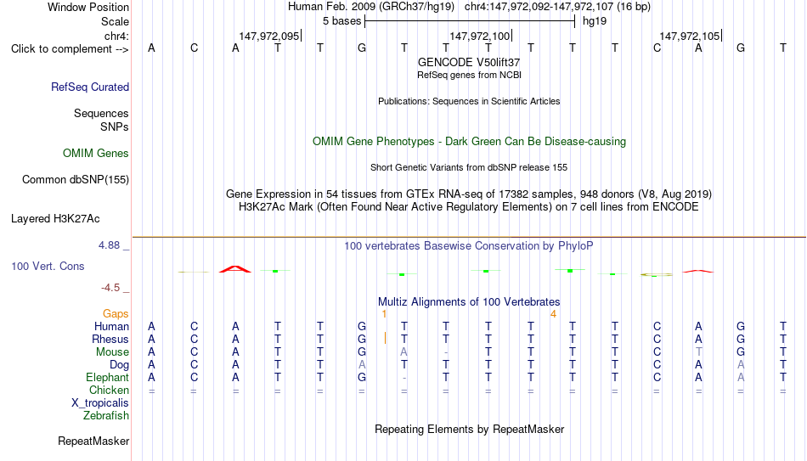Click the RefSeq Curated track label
pyautogui.click(x=90, y=87)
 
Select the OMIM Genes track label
pyautogui.click(x=96, y=154)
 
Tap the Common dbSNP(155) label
pyautogui.click(x=76, y=180)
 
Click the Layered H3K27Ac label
pyautogui.click(x=55, y=219)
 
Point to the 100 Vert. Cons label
pyautogui.click(x=48, y=266)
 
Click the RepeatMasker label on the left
pyautogui.click(x=93, y=441)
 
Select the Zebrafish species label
pyautogui.click(x=106, y=415)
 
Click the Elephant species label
pyautogui.click(x=108, y=377)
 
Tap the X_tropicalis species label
pyautogui.click(x=100, y=403)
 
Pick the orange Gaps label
pyautogui.click(x=116, y=314)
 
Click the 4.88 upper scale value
pyautogui.click(x=109, y=245)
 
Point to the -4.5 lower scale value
pyautogui.click(x=110, y=288)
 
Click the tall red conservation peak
pyautogui.click(x=235, y=268)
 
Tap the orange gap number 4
pyautogui.click(x=553, y=314)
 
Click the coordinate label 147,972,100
pyautogui.click(x=480, y=36)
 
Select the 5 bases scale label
pyautogui.click(x=342, y=21)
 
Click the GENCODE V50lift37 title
pyautogui.click(x=469, y=62)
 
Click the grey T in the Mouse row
pyautogui.click(x=698, y=352)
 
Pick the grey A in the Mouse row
pyautogui.click(x=404, y=352)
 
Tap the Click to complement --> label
pyautogui.click(x=70, y=49)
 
